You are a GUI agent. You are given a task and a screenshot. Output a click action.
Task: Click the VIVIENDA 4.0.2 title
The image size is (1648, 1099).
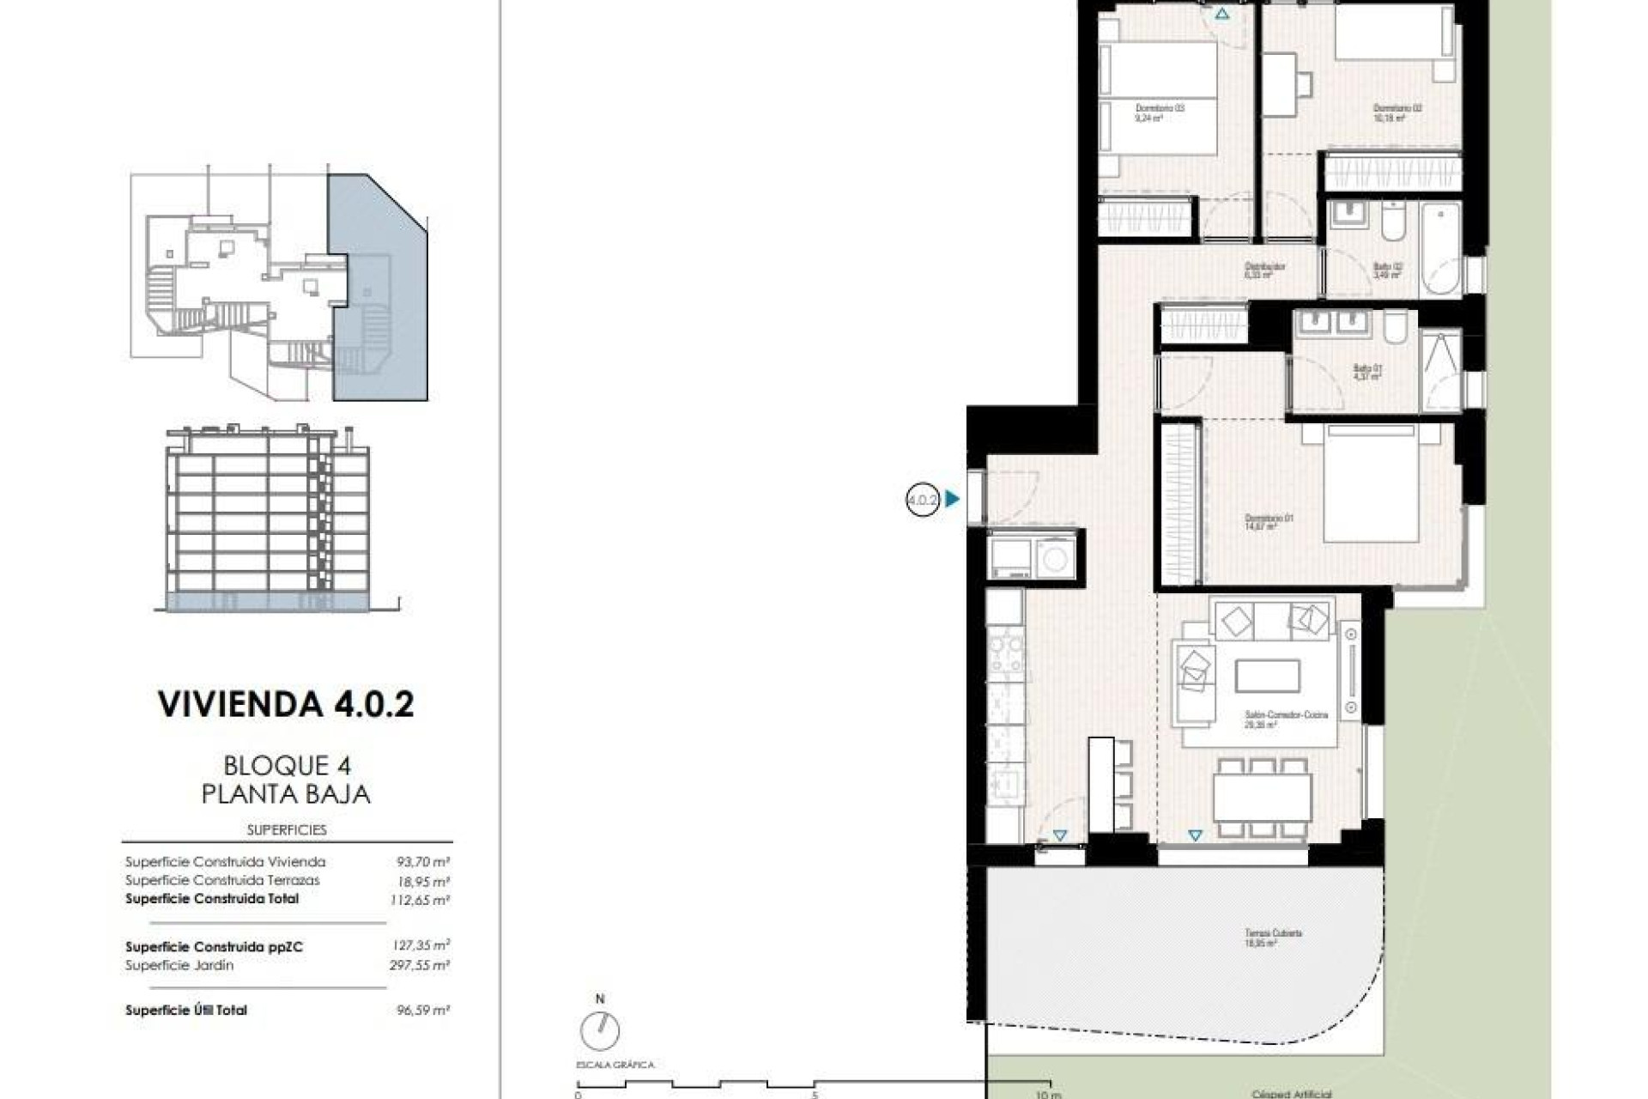point(286,704)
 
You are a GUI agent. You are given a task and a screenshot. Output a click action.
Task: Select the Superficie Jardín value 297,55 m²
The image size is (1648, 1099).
point(420,965)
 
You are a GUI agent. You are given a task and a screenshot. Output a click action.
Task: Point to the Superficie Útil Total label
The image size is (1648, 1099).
point(186,1011)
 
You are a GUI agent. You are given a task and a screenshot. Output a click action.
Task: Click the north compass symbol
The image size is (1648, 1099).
point(599,1029)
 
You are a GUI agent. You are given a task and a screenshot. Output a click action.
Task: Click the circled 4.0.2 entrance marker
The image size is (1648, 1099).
point(923,499)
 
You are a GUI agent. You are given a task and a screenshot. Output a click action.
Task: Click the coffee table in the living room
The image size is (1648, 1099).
point(1268,676)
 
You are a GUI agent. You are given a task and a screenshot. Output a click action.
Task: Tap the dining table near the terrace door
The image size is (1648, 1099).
point(1262,797)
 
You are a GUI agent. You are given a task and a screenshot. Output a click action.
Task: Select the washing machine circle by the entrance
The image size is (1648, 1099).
point(1055,559)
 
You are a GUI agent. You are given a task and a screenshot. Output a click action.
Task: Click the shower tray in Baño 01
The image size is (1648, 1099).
point(1440,369)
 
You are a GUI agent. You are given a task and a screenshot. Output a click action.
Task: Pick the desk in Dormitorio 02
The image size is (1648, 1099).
point(1279,84)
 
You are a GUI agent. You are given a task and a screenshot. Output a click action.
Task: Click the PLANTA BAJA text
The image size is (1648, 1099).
point(286,794)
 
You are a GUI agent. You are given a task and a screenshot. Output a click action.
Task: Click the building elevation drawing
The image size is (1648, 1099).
point(268,519)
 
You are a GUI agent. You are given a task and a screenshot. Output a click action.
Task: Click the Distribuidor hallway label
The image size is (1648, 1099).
point(1265,270)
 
